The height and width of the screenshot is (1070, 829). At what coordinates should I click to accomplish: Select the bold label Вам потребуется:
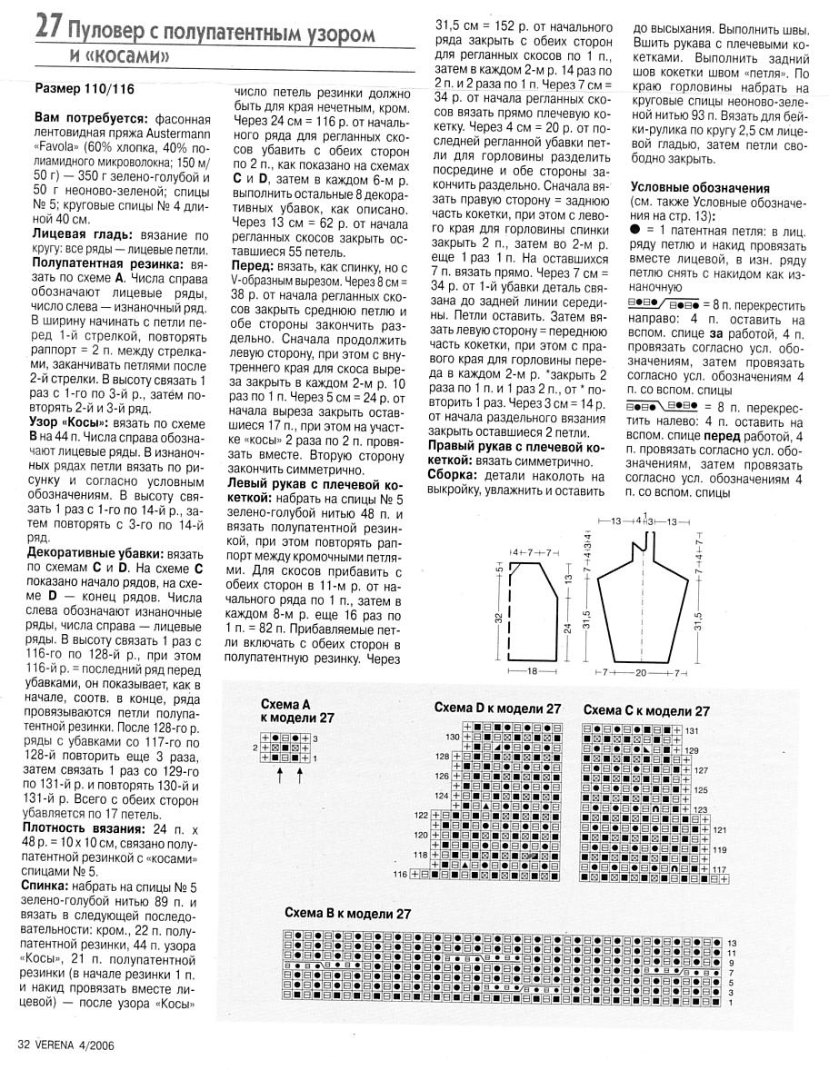pyautogui.click(x=89, y=119)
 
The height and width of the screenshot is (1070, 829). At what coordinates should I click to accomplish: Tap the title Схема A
pyautogui.click(x=285, y=704)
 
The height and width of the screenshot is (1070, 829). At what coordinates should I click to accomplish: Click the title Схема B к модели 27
pyautogui.click(x=348, y=913)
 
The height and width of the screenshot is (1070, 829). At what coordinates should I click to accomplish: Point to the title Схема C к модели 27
pyautogui.click(x=646, y=710)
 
